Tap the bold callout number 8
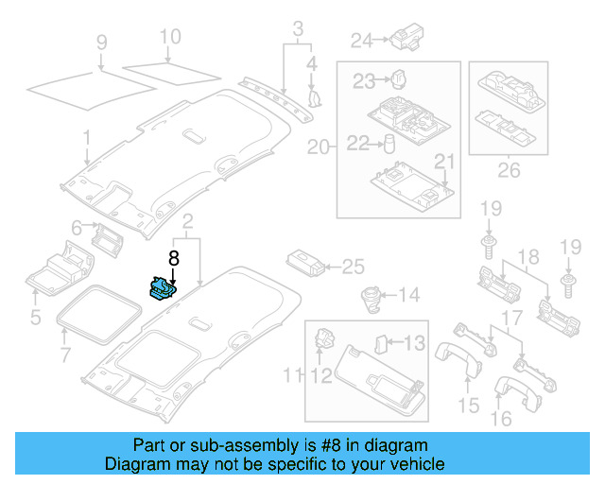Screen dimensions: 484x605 pyautogui.click(x=173, y=257)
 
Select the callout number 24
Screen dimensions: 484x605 pyautogui.click(x=362, y=40)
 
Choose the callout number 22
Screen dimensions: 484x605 pyautogui.click(x=357, y=143)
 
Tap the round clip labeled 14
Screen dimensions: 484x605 pyautogui.click(x=368, y=296)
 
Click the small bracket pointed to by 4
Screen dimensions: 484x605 pyautogui.click(x=314, y=95)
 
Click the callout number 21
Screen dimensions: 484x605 pyautogui.click(x=443, y=161)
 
